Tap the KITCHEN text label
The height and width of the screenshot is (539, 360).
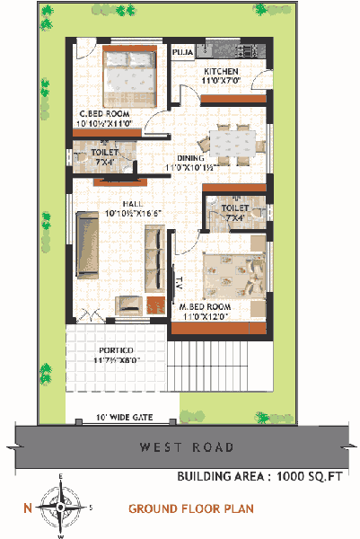click(220, 71)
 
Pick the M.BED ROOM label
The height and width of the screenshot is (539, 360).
click(205, 306)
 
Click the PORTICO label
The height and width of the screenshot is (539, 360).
click(117, 349)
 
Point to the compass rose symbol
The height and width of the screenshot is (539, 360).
click(60, 508)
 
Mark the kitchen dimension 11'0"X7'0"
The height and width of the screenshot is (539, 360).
click(220, 81)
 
